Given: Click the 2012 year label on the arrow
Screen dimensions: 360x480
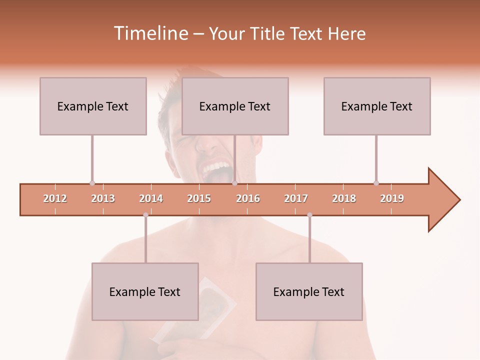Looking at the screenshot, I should point(55,198).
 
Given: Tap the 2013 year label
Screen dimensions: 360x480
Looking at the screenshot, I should point(103,198).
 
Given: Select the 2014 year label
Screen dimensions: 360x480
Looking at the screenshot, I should point(151,198).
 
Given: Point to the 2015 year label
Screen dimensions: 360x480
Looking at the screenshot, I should point(199,198).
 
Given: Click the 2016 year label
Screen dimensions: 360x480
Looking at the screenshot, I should point(248,198).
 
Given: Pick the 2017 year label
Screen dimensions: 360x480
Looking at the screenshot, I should point(296,198).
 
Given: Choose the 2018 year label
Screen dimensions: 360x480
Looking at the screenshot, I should point(344,198).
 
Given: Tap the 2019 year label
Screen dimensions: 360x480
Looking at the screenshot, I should point(392,198).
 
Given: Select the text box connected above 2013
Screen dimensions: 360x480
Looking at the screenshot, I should point(93,106).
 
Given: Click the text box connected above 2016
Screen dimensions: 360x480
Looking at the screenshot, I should point(235,106).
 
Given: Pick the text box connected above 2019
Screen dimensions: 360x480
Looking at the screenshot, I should point(377,106).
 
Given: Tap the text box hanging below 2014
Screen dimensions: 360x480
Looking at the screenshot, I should point(145,291).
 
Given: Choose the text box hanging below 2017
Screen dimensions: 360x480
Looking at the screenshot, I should point(309,291).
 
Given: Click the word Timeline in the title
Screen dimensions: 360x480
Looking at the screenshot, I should point(150,33).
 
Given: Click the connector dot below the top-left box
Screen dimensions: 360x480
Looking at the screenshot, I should point(92,183).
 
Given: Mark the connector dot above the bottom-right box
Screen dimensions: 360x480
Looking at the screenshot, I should point(309,215).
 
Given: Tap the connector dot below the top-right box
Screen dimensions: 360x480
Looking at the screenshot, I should point(376,183).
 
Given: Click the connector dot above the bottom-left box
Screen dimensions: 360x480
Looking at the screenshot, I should point(145,215).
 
